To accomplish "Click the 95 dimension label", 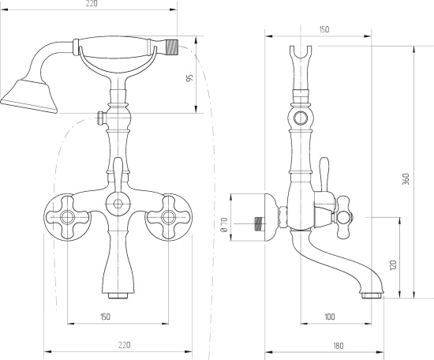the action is click(x=189, y=78).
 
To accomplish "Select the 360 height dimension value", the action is click(x=406, y=179).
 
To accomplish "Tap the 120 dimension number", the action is click(x=393, y=265).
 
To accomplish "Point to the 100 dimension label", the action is click(x=329, y=317).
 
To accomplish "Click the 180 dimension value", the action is click(x=339, y=346).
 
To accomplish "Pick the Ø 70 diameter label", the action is click(x=224, y=224).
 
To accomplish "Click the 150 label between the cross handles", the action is click(x=105, y=317).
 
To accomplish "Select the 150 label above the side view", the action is click(x=324, y=29).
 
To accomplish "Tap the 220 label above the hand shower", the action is click(x=92, y=4).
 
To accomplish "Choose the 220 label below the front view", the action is click(x=124, y=345).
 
